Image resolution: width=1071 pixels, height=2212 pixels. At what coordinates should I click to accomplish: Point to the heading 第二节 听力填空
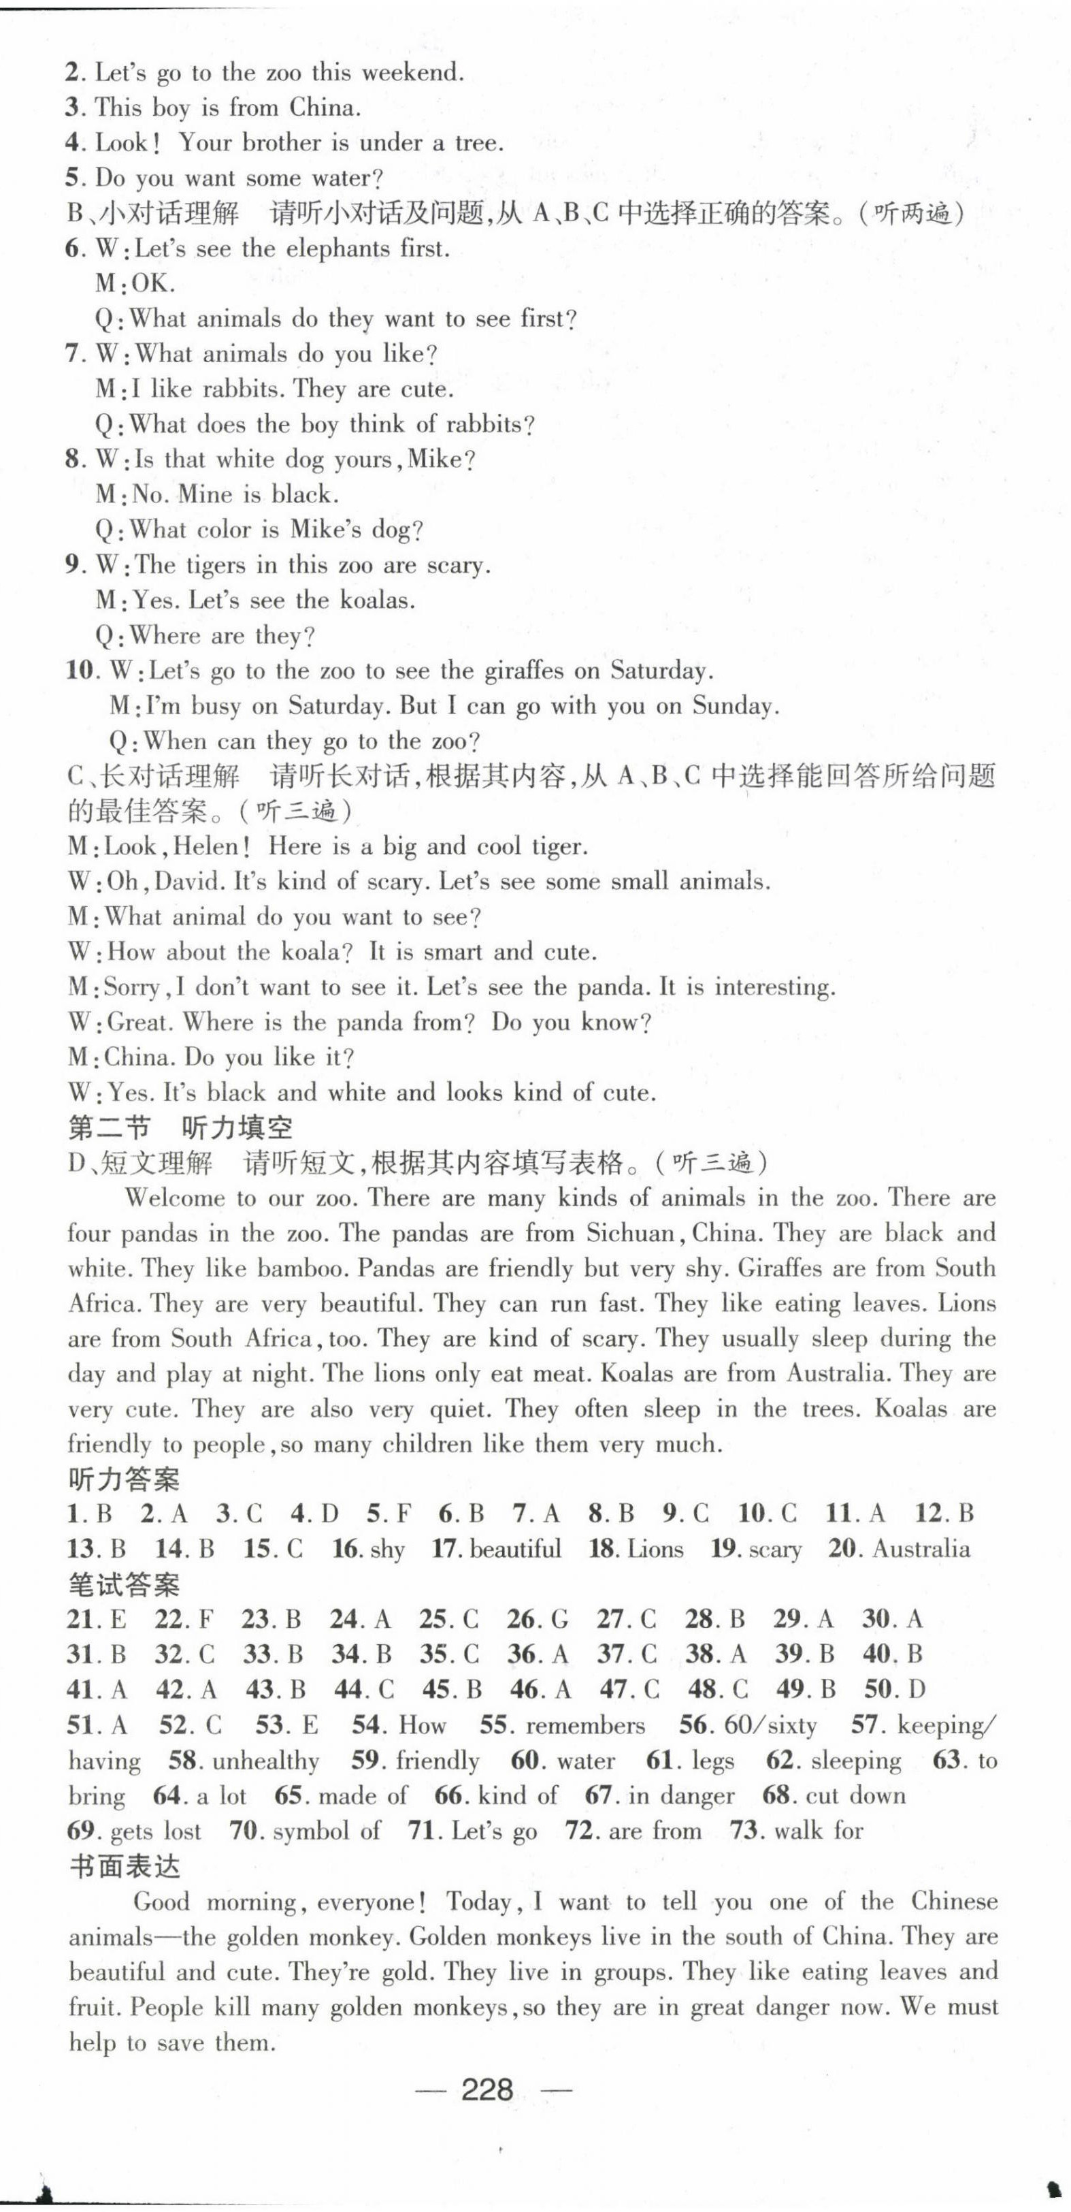coord(180,1127)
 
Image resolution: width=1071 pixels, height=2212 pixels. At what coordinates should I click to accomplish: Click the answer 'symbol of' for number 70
coord(326,1831)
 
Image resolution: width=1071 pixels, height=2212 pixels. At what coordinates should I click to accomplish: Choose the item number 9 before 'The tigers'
coord(73,565)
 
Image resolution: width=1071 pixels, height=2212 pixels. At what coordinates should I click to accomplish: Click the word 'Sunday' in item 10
coord(733,706)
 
